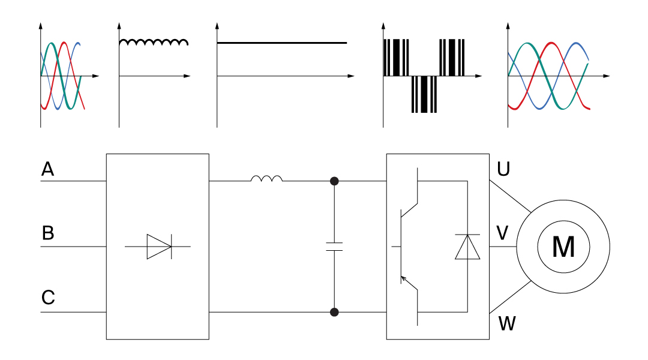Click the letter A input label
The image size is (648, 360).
click(48, 170)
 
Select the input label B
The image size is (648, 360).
click(48, 233)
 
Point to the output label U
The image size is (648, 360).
click(503, 170)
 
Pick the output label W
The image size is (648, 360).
click(507, 325)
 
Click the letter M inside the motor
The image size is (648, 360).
click(563, 247)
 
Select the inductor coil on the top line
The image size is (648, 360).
click(266, 178)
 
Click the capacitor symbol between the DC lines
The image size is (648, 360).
click(334, 247)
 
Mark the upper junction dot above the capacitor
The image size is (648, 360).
click(334, 181)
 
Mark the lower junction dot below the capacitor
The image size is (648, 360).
click(334, 312)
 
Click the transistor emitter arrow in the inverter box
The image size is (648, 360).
click(404, 278)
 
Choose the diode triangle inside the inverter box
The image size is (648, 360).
click(467, 247)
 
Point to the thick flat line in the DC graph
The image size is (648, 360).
click(282, 43)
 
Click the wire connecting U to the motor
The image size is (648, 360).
click(510, 196)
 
